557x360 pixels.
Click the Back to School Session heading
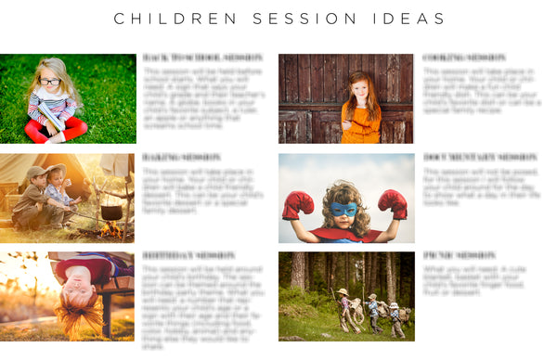pyautogui.click(x=202, y=58)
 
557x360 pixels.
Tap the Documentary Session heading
pyautogui.click(x=480, y=158)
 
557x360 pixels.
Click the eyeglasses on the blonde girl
pyautogui.click(x=49, y=82)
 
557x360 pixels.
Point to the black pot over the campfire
pyautogui.click(x=111, y=212)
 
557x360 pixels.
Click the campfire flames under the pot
pyautogui.click(x=111, y=228)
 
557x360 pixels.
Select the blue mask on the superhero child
pyautogui.click(x=345, y=210)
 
